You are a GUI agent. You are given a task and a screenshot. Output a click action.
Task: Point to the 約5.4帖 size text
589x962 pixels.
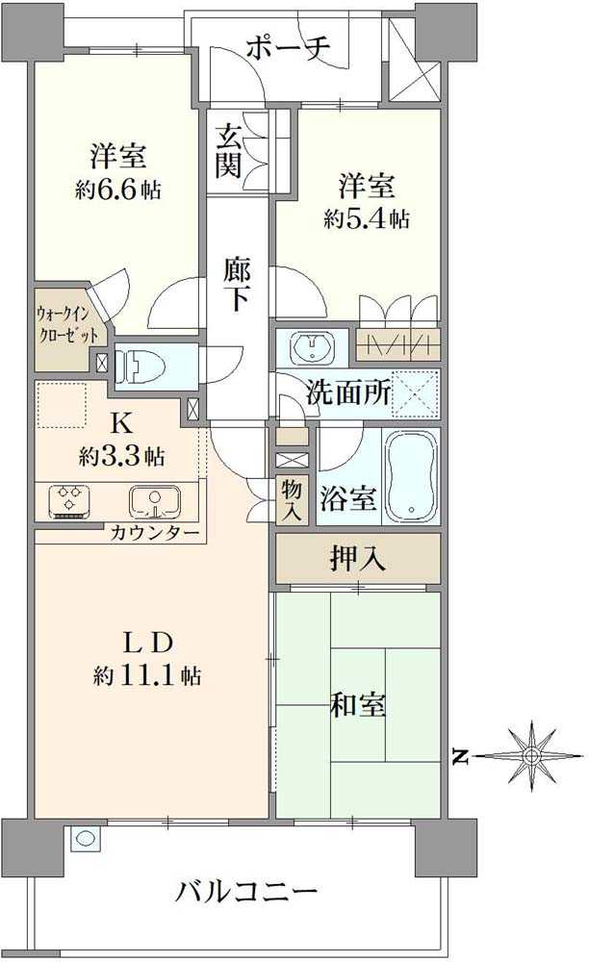pyautogui.click(x=367, y=218)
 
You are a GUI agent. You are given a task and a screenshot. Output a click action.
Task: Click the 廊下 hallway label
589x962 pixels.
pyautogui.click(x=236, y=282)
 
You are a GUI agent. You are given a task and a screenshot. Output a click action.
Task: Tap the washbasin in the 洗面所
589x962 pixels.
pyautogui.click(x=313, y=345)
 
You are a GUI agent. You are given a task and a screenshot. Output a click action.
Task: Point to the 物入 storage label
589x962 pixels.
pyautogui.click(x=291, y=500)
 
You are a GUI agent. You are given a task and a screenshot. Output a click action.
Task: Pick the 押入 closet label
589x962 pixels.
pyautogui.click(x=359, y=558)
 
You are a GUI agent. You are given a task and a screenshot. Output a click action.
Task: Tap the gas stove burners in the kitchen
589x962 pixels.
pyautogui.click(x=70, y=502)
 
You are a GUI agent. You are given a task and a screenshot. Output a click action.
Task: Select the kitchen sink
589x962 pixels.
pyautogui.click(x=154, y=502)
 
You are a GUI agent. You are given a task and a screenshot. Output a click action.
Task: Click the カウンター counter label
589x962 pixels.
pyautogui.click(x=154, y=533)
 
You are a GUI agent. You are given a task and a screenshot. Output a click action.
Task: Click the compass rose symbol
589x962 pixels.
pyautogui.click(x=530, y=756)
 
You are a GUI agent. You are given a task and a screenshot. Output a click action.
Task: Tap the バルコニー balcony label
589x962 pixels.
pyautogui.click(x=246, y=891)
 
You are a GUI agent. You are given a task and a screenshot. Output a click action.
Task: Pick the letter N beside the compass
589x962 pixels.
pyautogui.click(x=461, y=758)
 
